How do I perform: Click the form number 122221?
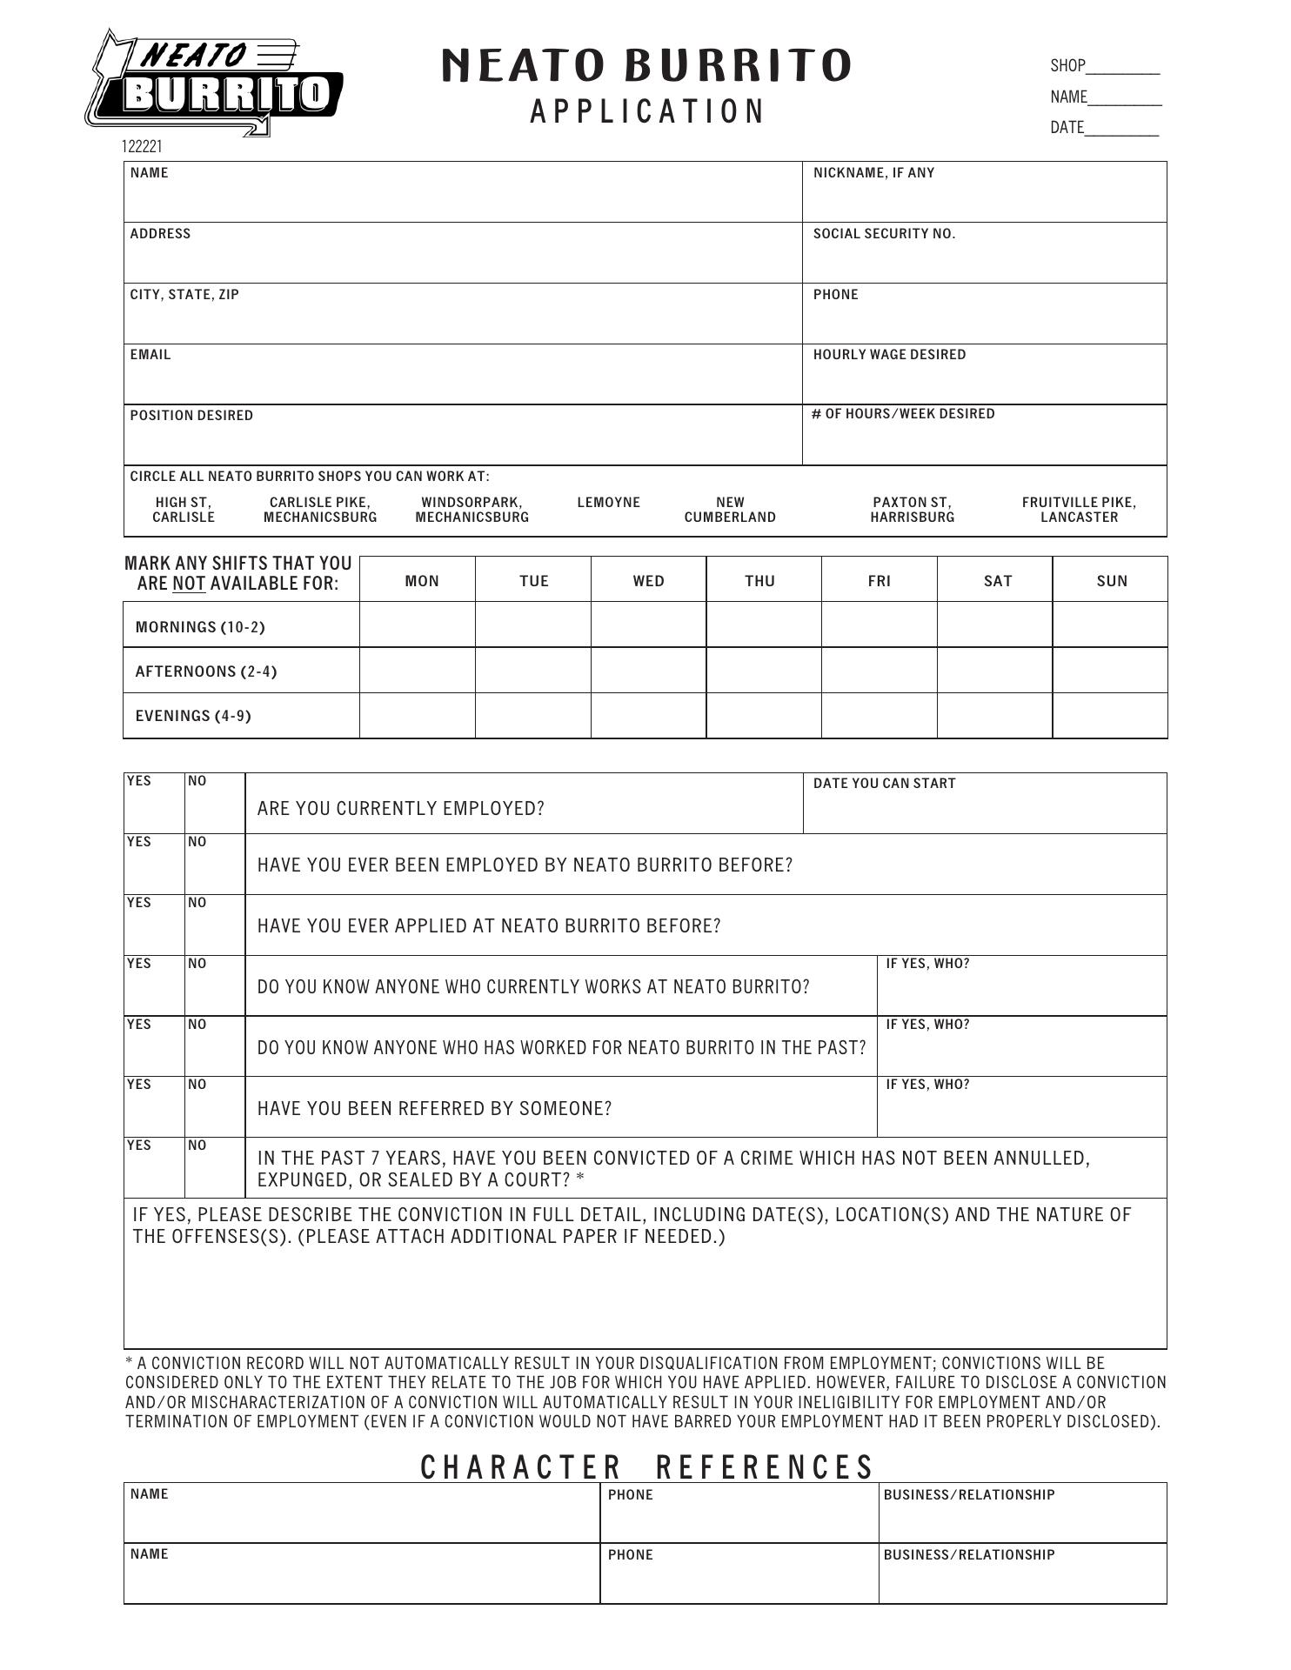pyautogui.click(x=142, y=147)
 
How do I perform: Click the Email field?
pyautogui.click(x=462, y=379)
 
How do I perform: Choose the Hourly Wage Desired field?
pyautogui.click(x=984, y=379)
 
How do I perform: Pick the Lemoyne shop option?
pyautogui.click(x=608, y=503)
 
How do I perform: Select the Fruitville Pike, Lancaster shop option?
pyautogui.click(x=1079, y=510)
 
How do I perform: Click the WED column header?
pyautogui.click(x=648, y=581)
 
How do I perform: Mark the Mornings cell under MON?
pyautogui.click(x=418, y=625)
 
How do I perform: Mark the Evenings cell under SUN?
pyautogui.click(x=1109, y=716)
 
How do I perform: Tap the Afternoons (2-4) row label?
pyautogui.click(x=206, y=671)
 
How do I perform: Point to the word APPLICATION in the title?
pyautogui.click(x=647, y=112)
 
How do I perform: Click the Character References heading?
pyautogui.click(x=647, y=1467)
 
